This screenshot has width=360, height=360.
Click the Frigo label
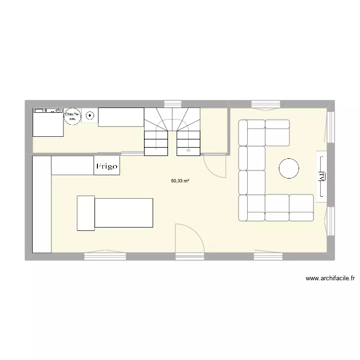coord(107,166)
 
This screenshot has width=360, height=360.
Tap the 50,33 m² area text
coord(180,181)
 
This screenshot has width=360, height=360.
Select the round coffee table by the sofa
coord(289,168)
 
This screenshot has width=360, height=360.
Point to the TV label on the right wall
coord(322,177)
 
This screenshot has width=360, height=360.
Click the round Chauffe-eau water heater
coord(72,116)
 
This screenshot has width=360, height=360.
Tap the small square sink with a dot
coord(90,115)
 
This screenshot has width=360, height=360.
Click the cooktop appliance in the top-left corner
coord(48,122)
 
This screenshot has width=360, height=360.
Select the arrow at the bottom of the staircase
coord(188,150)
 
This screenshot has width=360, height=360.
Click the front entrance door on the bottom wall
coord(190,239)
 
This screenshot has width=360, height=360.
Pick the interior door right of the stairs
coord(215,165)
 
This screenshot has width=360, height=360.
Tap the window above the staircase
coord(172,103)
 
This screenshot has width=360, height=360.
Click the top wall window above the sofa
coord(265,104)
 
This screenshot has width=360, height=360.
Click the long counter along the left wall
coord(41,204)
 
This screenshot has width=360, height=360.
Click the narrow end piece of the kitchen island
coord(86,213)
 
